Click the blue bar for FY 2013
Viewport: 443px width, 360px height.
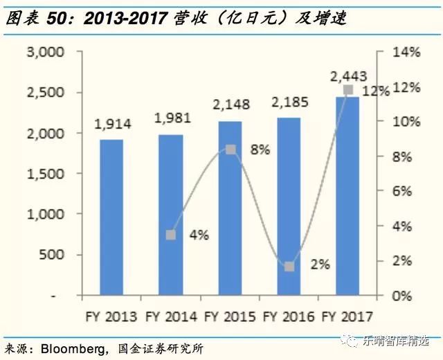[111, 217]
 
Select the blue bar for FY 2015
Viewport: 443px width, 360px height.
[230, 208]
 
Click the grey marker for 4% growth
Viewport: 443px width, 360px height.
[171, 235]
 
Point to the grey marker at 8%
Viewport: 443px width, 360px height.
[230, 150]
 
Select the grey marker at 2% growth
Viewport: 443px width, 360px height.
[289, 267]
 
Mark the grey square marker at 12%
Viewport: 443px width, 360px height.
[348, 90]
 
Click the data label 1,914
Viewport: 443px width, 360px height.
[111, 127]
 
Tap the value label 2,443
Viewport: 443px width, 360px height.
[348, 75]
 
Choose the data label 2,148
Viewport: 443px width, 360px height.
[230, 109]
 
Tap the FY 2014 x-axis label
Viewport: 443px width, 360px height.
[170, 317]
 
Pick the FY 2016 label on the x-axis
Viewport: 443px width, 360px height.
[289, 317]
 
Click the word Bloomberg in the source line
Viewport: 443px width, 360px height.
[69, 348]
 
